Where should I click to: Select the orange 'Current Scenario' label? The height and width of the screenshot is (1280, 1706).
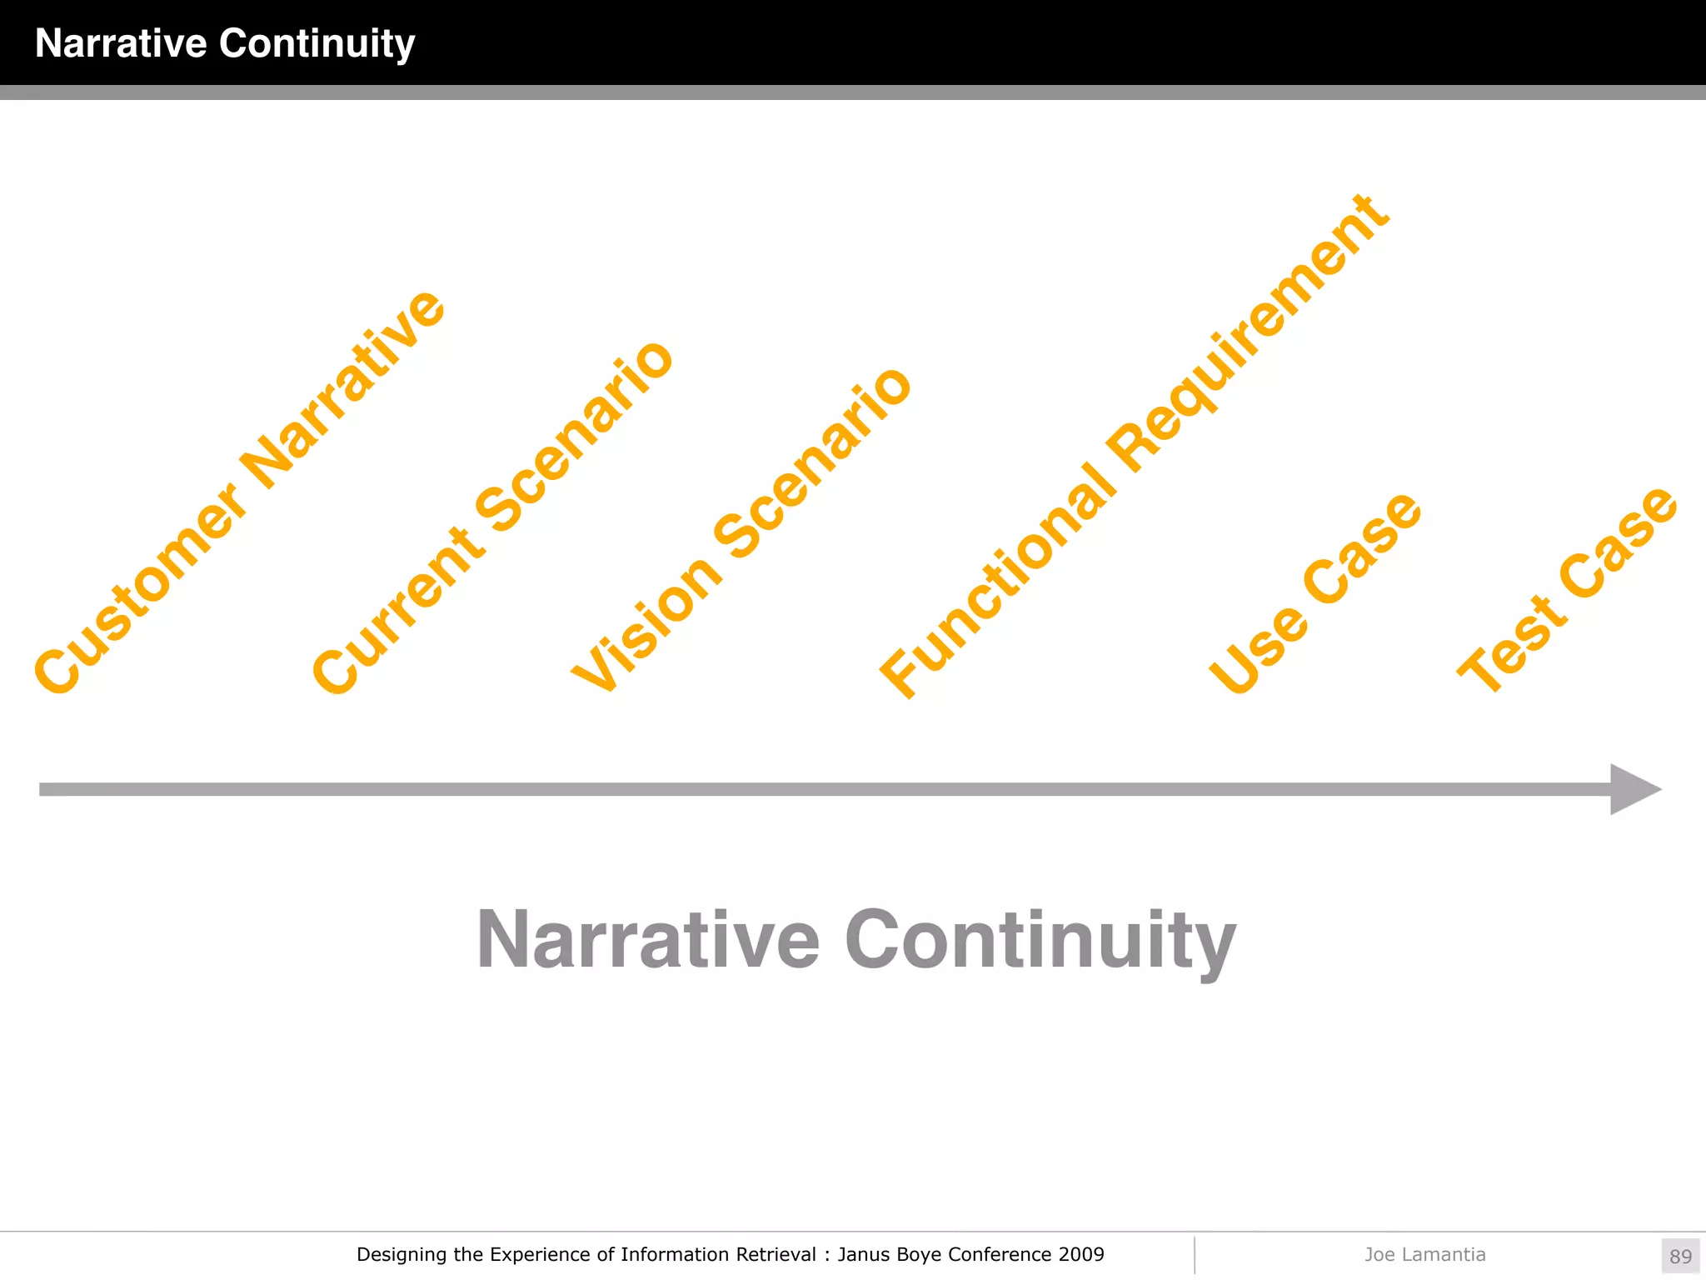(x=491, y=517)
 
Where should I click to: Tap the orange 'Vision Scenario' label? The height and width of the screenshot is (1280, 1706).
(x=741, y=530)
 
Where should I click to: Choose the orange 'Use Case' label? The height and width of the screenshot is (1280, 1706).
(x=1314, y=593)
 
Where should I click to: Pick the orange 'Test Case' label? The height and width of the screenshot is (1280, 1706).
(x=1566, y=590)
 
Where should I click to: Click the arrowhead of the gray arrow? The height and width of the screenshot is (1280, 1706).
(x=1633, y=789)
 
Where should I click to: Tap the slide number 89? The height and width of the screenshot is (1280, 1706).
(x=1680, y=1256)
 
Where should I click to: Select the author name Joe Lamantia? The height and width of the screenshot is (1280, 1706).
(x=1424, y=1254)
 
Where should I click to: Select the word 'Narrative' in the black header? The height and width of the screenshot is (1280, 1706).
(x=121, y=43)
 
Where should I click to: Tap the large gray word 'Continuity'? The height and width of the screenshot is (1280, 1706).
(x=1040, y=942)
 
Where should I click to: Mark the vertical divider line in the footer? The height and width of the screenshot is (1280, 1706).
(x=1195, y=1255)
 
